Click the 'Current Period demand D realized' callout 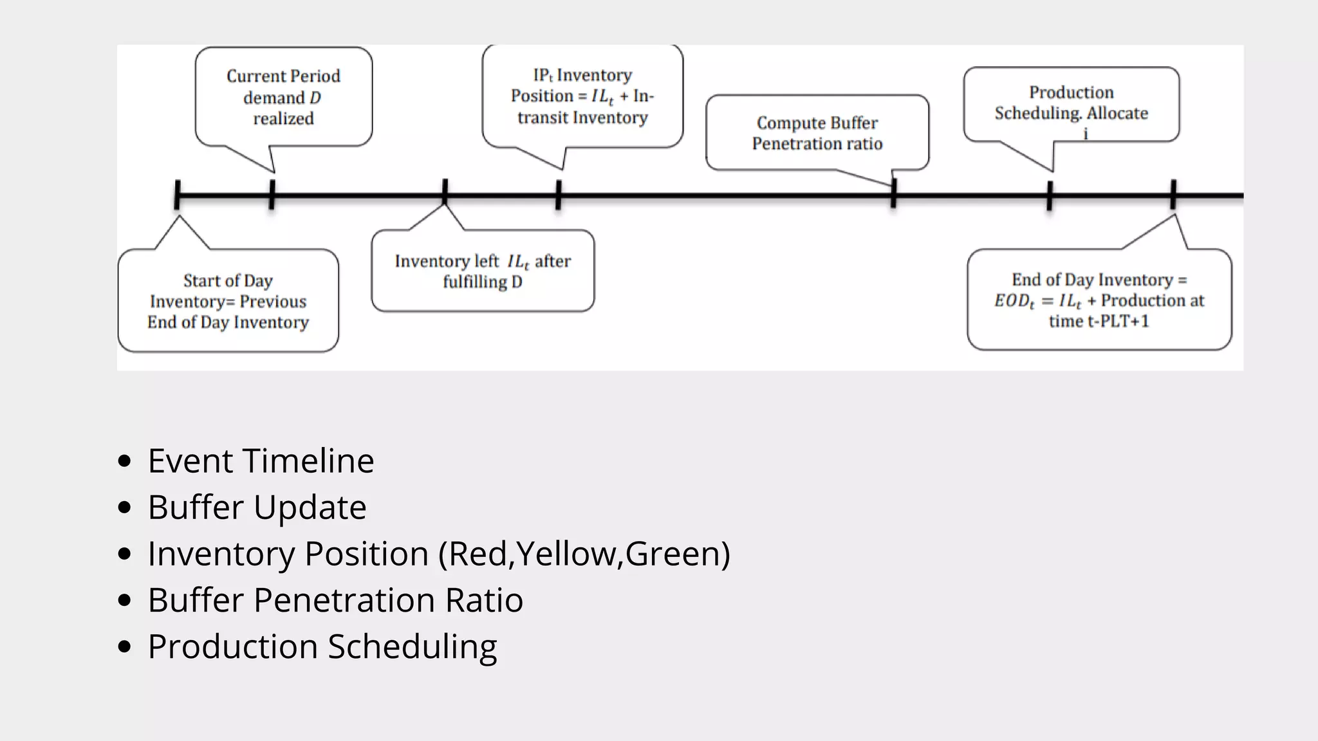click(283, 96)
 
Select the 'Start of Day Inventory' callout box click(228, 301)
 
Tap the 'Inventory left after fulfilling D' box click(483, 271)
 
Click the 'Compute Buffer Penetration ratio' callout click(817, 133)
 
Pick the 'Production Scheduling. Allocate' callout click(1071, 103)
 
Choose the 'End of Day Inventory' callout click(1099, 300)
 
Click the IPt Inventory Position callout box click(582, 96)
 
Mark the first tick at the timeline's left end click(178, 194)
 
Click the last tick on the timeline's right click(1173, 194)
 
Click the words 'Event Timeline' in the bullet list click(261, 461)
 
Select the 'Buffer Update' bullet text click(257, 507)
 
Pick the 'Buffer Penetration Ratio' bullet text click(335, 599)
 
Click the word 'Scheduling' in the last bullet click(413, 646)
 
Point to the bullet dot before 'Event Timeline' click(125, 461)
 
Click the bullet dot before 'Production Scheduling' click(125, 646)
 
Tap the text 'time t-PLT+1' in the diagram click(1099, 321)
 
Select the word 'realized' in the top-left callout click(283, 118)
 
